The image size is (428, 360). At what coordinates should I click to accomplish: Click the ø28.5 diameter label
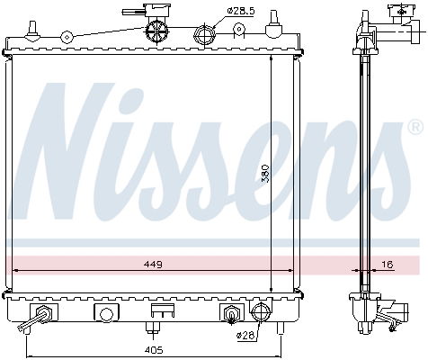point(241,10)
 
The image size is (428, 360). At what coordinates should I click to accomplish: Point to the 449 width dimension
point(151,264)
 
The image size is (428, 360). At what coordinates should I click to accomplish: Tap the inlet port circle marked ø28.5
point(203,36)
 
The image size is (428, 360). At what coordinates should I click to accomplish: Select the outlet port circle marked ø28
point(261,313)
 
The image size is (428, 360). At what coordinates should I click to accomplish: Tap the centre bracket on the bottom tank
point(162,311)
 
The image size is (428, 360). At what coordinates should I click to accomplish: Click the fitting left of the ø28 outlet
point(230,314)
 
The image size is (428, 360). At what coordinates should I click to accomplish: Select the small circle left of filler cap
point(66,37)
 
